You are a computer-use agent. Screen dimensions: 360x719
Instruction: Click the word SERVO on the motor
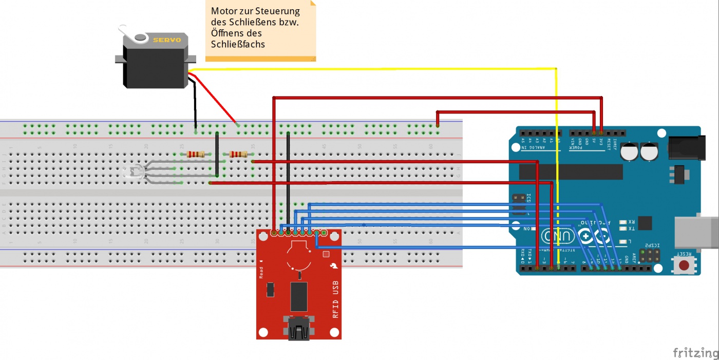pos(167,40)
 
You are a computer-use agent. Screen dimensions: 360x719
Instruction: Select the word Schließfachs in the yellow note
pos(238,45)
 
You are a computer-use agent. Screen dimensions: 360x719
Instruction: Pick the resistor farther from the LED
pos(238,154)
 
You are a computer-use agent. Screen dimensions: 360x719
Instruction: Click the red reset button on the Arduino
pos(684,265)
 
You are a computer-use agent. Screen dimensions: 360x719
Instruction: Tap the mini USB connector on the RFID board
pos(299,329)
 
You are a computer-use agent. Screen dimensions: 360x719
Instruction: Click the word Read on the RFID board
pos(261,272)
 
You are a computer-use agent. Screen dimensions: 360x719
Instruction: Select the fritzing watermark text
pos(695,352)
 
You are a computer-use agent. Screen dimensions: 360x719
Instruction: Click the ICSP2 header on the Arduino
pos(649,255)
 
